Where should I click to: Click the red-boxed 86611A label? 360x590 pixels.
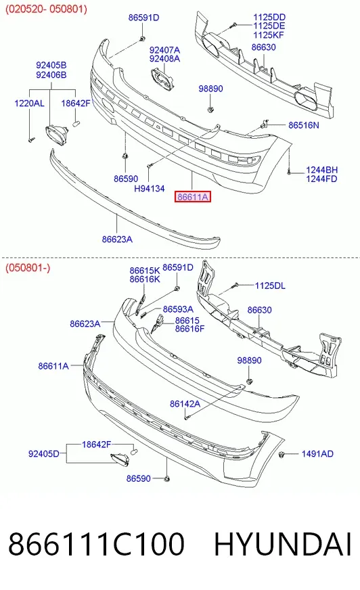coord(193,197)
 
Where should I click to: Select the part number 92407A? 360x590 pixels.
coord(164,50)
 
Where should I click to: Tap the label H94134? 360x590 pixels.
coord(150,189)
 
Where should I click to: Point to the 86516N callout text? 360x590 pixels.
coord(304,125)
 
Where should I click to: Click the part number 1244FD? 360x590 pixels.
coord(321,179)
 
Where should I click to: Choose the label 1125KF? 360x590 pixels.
coord(269,35)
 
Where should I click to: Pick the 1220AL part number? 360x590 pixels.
coord(29,103)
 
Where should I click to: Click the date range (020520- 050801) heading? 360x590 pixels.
coord(46,9)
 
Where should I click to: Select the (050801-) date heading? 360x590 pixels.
coord(28,269)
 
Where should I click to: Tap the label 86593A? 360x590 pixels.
coord(178,309)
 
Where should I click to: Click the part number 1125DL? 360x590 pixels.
coord(270,286)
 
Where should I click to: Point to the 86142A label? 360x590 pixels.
coord(185,404)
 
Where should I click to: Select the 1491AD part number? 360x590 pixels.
coord(317,454)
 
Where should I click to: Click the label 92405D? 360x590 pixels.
coord(43,454)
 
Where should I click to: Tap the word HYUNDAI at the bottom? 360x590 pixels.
coord(283,544)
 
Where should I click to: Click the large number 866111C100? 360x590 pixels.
coord(96,544)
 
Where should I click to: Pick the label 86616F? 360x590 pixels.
coord(190,329)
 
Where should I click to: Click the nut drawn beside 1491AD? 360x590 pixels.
coord(282,455)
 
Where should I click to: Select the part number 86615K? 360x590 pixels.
coord(145,271)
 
